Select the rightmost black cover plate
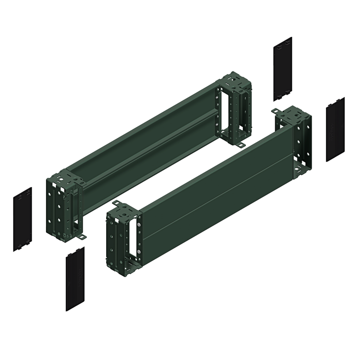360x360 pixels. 335,129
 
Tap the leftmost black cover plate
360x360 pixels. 22,219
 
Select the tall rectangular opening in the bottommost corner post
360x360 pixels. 138,235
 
